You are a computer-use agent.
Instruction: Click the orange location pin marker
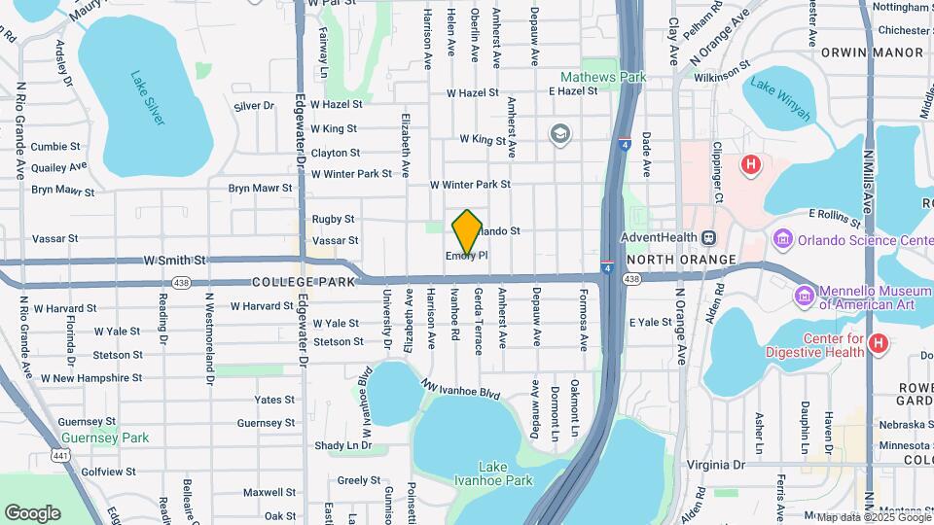[x=467, y=231]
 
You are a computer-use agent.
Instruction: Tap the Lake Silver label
[x=149, y=98]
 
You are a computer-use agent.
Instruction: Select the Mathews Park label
[x=602, y=76]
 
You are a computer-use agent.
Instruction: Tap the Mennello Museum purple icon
[x=804, y=294]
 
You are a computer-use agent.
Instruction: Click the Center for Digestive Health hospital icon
[x=878, y=343]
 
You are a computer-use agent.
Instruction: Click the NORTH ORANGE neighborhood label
[x=681, y=260]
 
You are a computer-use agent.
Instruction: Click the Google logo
[x=32, y=512]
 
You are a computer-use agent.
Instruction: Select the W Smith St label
[x=175, y=261]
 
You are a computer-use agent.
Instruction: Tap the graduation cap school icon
[x=559, y=133]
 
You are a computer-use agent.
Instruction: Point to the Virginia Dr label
[x=715, y=465]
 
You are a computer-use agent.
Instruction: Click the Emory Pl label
[x=466, y=257]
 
